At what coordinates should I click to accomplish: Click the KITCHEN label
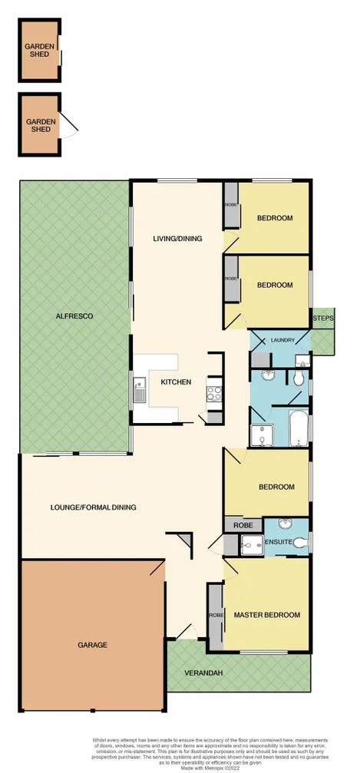(x=176, y=382)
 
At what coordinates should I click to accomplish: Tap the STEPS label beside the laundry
(x=322, y=319)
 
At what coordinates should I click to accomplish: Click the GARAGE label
(x=91, y=645)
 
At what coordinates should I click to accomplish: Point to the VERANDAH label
(x=203, y=673)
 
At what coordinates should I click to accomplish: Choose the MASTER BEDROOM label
(x=266, y=615)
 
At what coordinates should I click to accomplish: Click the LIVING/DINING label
(x=178, y=239)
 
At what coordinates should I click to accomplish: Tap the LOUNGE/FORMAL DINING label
(x=93, y=507)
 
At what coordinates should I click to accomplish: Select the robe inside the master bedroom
(x=214, y=614)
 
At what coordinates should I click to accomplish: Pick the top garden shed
(x=40, y=51)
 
